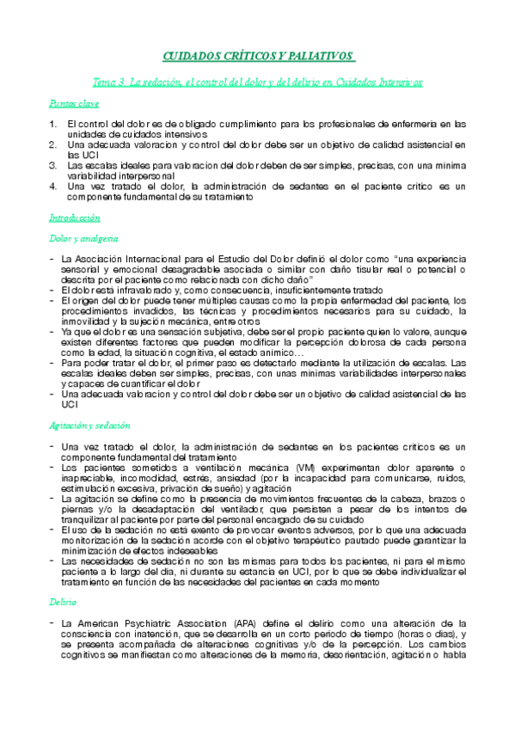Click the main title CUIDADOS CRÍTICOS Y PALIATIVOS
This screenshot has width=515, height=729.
coord(257,56)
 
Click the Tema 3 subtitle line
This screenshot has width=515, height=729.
coord(257,83)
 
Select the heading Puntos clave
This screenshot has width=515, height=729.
coord(73,104)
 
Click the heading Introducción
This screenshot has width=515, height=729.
coord(75,218)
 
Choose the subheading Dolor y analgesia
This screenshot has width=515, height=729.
coord(83,238)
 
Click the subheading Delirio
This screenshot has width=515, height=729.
coord(63,579)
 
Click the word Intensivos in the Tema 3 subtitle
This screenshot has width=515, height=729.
coord(397,83)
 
